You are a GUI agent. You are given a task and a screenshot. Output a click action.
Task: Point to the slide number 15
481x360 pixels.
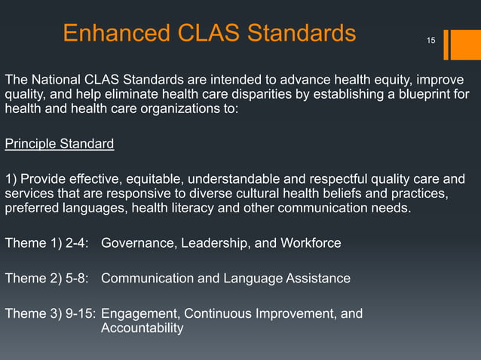(430, 38)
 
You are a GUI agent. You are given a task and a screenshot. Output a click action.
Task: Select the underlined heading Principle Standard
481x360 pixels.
(60, 142)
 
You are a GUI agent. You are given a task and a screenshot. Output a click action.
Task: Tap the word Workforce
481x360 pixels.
(308, 243)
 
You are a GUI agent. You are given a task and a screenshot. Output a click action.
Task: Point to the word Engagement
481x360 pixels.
(139, 313)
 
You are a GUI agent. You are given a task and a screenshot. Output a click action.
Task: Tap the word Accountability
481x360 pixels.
(142, 328)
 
